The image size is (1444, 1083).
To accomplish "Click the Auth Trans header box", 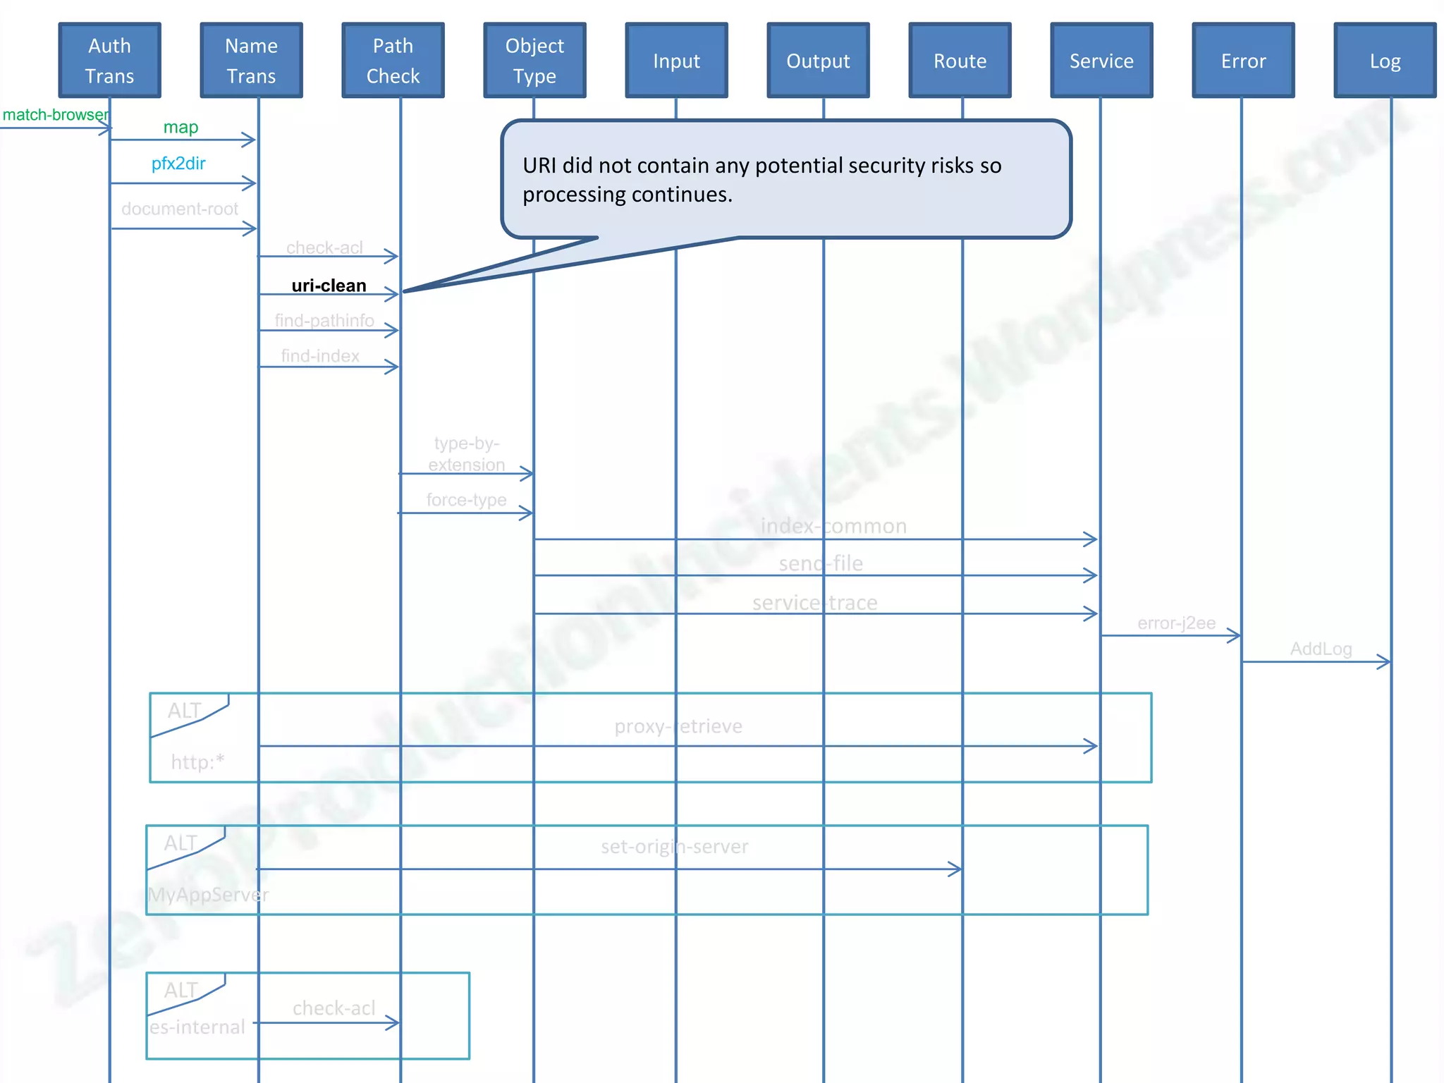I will point(110,61).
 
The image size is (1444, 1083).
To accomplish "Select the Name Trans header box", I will point(252,61).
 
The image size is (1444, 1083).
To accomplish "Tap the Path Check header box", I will point(393,61).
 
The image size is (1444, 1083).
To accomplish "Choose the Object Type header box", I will point(535,61).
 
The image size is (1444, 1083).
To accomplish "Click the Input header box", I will point(677,61).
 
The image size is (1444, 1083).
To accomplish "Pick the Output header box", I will point(819,61).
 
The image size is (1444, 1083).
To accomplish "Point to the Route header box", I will point(960,61).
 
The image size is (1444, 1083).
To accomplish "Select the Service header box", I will point(1102,61).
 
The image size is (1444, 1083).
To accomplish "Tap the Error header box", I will point(1244,61).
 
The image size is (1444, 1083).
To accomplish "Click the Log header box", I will point(1385,61).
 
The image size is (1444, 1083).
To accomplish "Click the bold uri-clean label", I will point(329,286).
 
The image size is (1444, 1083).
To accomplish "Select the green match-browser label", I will point(55,115).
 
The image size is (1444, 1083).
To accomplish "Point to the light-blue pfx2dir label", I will point(178,164).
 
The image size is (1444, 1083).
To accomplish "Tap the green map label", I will point(180,127).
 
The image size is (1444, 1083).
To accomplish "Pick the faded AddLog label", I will point(1321,649).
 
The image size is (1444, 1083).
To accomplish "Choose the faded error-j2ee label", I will point(1176,623).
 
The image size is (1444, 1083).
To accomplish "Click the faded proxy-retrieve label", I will point(678,726).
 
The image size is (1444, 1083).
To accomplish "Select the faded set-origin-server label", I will point(675,846).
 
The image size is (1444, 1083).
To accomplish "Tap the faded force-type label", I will point(466,500).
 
